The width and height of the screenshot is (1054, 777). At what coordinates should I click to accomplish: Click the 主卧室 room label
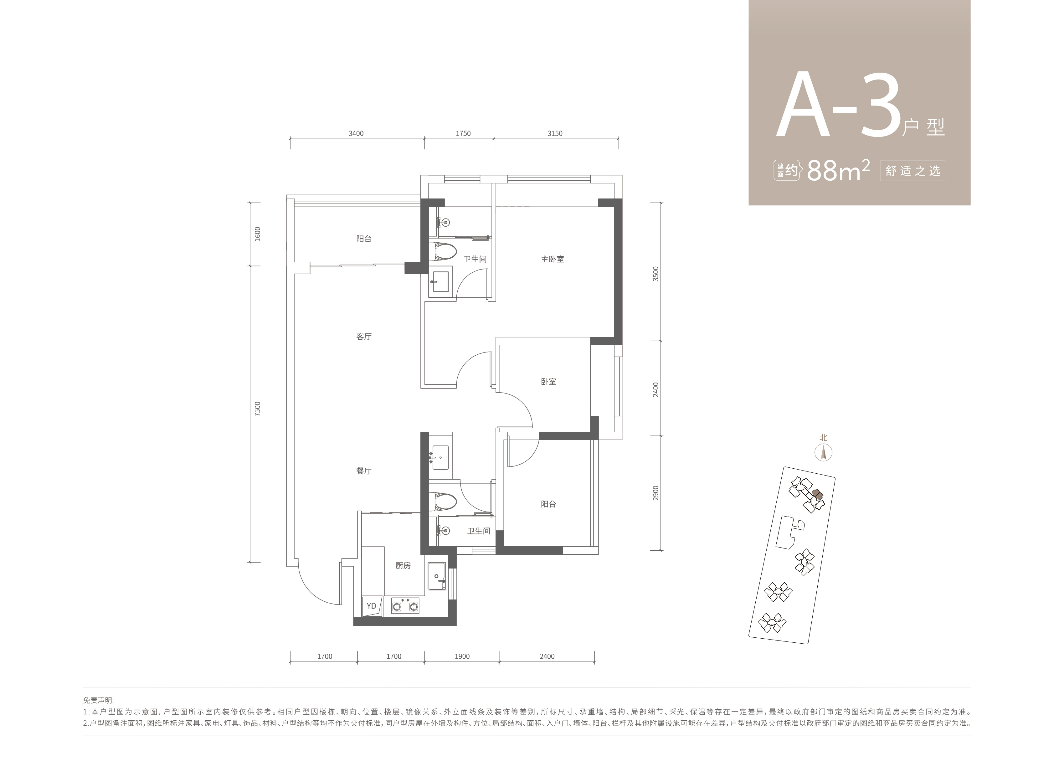click(x=552, y=259)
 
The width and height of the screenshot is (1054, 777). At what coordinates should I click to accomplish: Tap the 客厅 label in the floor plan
click(x=364, y=337)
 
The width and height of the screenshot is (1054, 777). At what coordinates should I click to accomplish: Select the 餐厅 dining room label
click(x=364, y=471)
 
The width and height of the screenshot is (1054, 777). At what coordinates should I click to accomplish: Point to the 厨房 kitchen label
click(x=403, y=565)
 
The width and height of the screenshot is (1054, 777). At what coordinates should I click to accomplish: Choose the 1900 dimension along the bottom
click(x=462, y=656)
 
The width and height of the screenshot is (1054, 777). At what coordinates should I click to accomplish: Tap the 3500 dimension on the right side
click(x=656, y=274)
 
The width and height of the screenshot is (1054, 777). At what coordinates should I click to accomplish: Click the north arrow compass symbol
click(x=824, y=452)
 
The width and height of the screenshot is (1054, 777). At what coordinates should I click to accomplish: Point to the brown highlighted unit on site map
click(x=818, y=494)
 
